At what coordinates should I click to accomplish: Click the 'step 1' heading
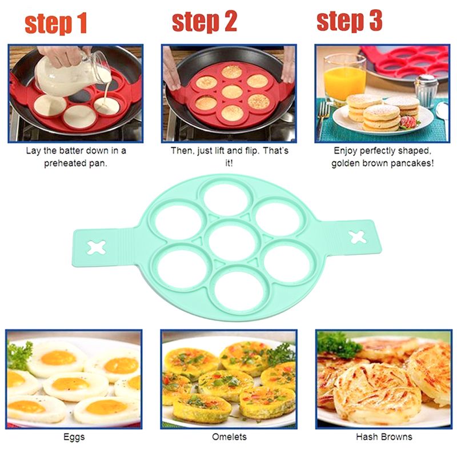click(56, 23)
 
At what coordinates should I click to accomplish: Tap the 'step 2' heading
click(205, 22)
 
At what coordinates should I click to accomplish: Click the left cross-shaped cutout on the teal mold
click(97, 247)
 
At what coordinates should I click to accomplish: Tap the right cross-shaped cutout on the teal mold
click(358, 237)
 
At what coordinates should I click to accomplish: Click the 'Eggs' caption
click(74, 437)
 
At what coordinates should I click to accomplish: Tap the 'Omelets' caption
click(229, 436)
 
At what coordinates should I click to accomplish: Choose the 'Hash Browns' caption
click(384, 436)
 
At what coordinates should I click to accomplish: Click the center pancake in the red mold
click(232, 92)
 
